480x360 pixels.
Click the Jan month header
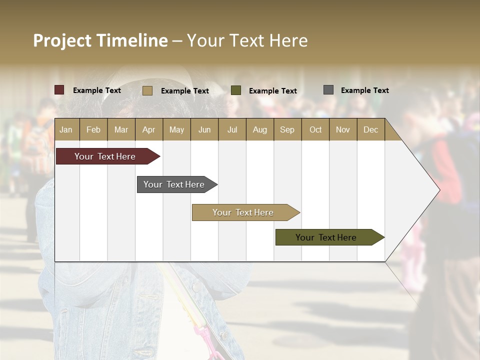pos(66,130)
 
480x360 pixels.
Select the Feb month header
pos(93,130)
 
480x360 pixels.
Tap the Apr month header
pos(148,130)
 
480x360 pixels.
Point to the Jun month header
pos(204,130)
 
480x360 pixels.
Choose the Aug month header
pos(259,130)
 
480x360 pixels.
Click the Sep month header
pos(287,130)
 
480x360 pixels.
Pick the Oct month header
pos(315,130)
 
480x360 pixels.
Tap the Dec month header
pos(370,130)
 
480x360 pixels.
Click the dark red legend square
pos(59,90)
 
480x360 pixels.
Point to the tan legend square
pos(147,90)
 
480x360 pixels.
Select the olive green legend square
pos(236,90)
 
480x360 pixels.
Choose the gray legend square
pos(328,90)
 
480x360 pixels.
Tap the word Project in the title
pos(62,40)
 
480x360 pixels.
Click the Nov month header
pos(343,130)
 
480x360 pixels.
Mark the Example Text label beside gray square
pos(364,90)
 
